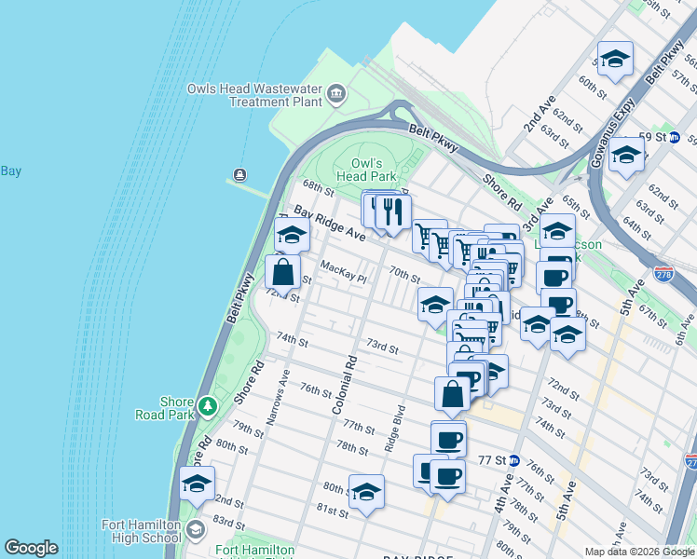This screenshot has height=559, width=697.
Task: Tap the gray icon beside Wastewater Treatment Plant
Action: click(x=336, y=94)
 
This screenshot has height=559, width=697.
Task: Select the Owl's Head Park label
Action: click(x=366, y=169)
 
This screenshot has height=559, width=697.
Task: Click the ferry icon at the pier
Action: click(x=240, y=174)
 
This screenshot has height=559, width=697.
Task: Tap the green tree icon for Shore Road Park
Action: click(x=206, y=407)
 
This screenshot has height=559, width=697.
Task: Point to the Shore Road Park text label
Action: click(x=176, y=408)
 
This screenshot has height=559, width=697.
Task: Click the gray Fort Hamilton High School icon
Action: click(x=195, y=531)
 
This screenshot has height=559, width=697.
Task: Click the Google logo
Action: click(x=31, y=548)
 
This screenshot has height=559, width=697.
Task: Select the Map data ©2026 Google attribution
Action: click(x=639, y=552)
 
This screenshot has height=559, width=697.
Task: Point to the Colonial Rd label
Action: click(x=344, y=383)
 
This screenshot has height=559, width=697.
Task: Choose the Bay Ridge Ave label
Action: click(x=330, y=225)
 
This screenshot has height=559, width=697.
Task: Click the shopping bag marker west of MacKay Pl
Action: click(x=282, y=272)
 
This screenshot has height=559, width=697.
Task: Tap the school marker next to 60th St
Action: click(x=615, y=60)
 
